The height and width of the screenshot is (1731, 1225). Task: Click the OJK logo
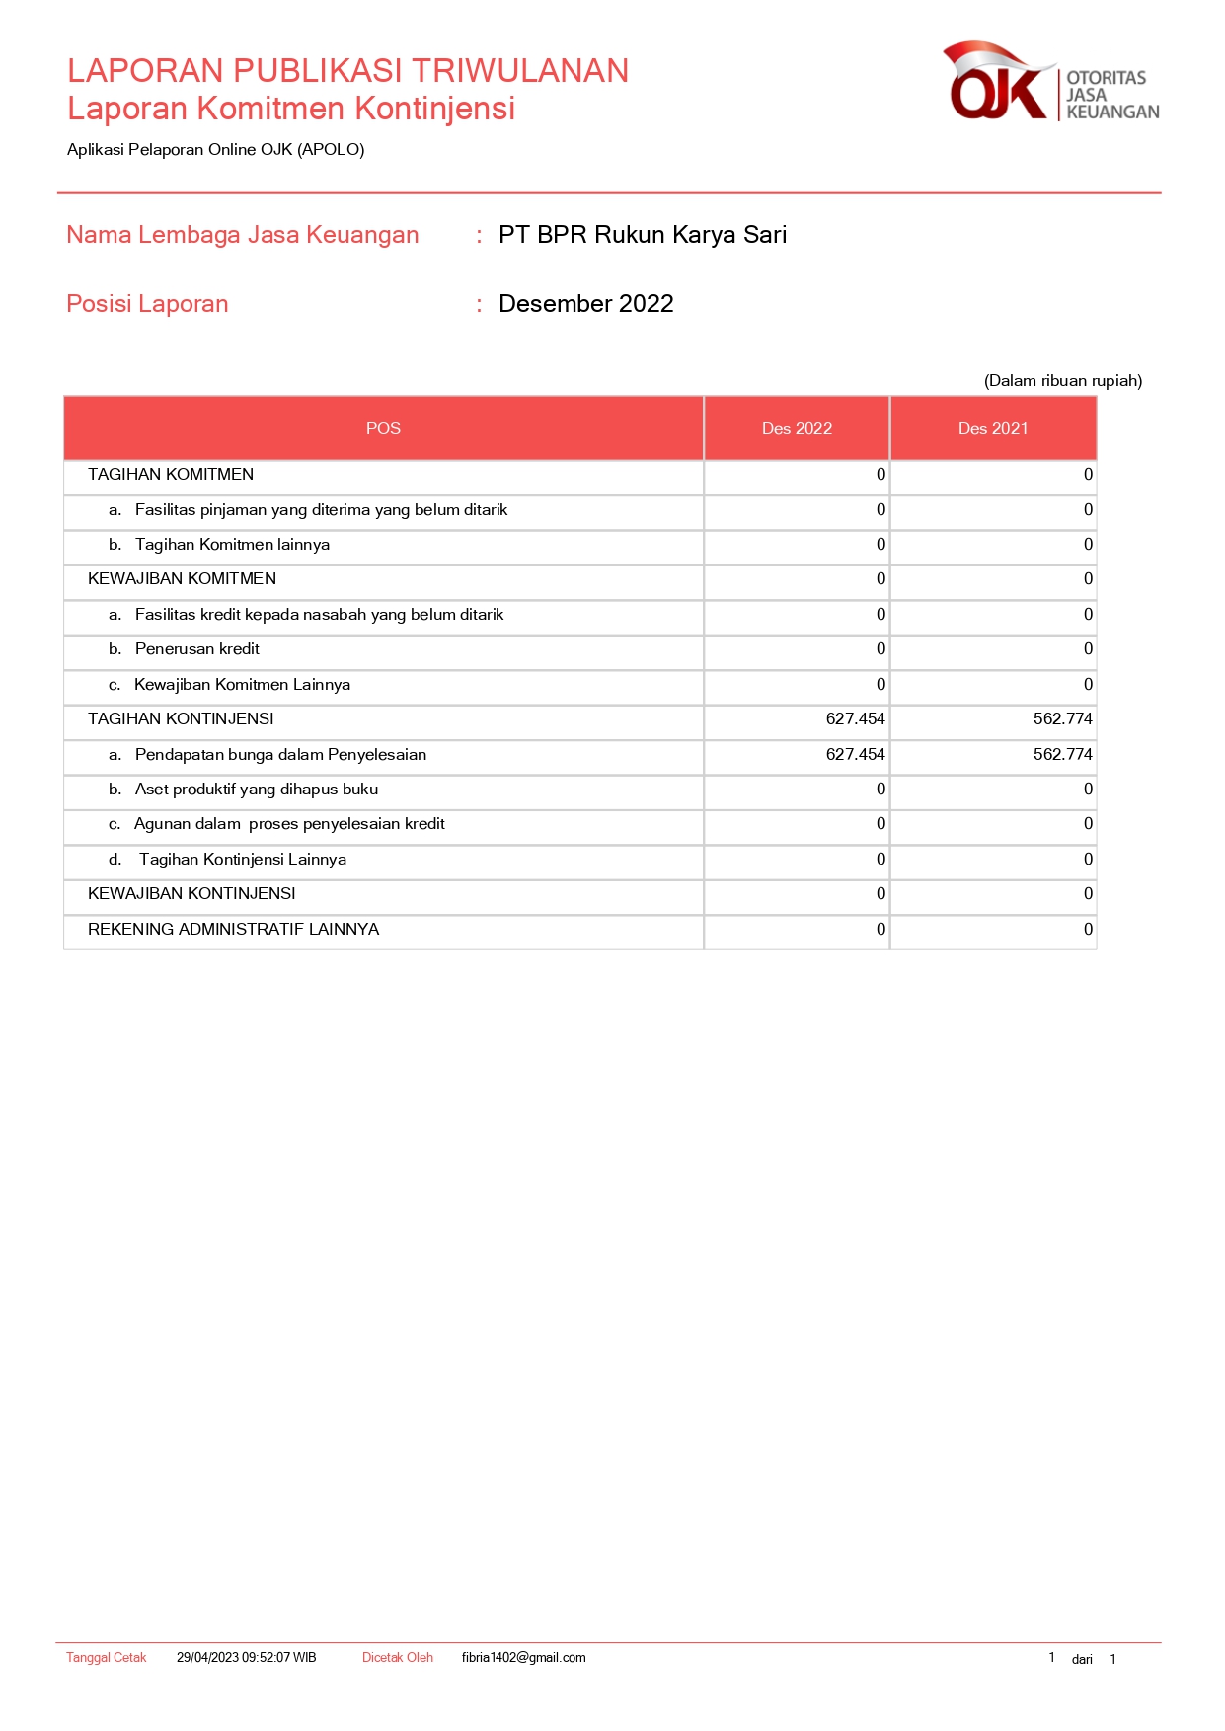[1049, 83]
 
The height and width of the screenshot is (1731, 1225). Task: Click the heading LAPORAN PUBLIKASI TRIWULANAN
[347, 71]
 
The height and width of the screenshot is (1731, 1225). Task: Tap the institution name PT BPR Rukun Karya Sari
[642, 235]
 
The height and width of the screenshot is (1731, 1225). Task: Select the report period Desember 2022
[585, 304]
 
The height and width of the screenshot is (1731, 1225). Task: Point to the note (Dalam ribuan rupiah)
[1062, 381]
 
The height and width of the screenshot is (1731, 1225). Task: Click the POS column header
[383, 428]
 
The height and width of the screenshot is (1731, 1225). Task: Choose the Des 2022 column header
[797, 428]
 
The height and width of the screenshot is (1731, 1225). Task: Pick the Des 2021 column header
[993, 428]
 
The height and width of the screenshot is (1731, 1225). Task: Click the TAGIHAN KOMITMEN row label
[171, 475]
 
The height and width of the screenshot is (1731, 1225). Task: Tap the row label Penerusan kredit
[197, 649]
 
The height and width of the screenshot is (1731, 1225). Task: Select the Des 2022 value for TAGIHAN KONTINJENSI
[855, 719]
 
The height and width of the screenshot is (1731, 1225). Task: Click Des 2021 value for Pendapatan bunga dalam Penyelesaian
[1062, 755]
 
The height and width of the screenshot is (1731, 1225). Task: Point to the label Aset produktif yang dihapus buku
[257, 790]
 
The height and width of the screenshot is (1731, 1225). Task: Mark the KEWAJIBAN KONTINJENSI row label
[191, 894]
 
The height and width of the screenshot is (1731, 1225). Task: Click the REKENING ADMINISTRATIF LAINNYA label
[233, 930]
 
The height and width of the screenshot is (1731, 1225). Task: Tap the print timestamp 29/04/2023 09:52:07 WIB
[246, 1658]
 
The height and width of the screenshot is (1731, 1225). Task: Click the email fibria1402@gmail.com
[523, 1658]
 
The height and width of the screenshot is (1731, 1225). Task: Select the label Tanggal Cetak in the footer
[106, 1658]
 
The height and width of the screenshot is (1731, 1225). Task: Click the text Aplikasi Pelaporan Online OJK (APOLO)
[215, 150]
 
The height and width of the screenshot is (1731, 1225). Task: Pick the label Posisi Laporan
[147, 304]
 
